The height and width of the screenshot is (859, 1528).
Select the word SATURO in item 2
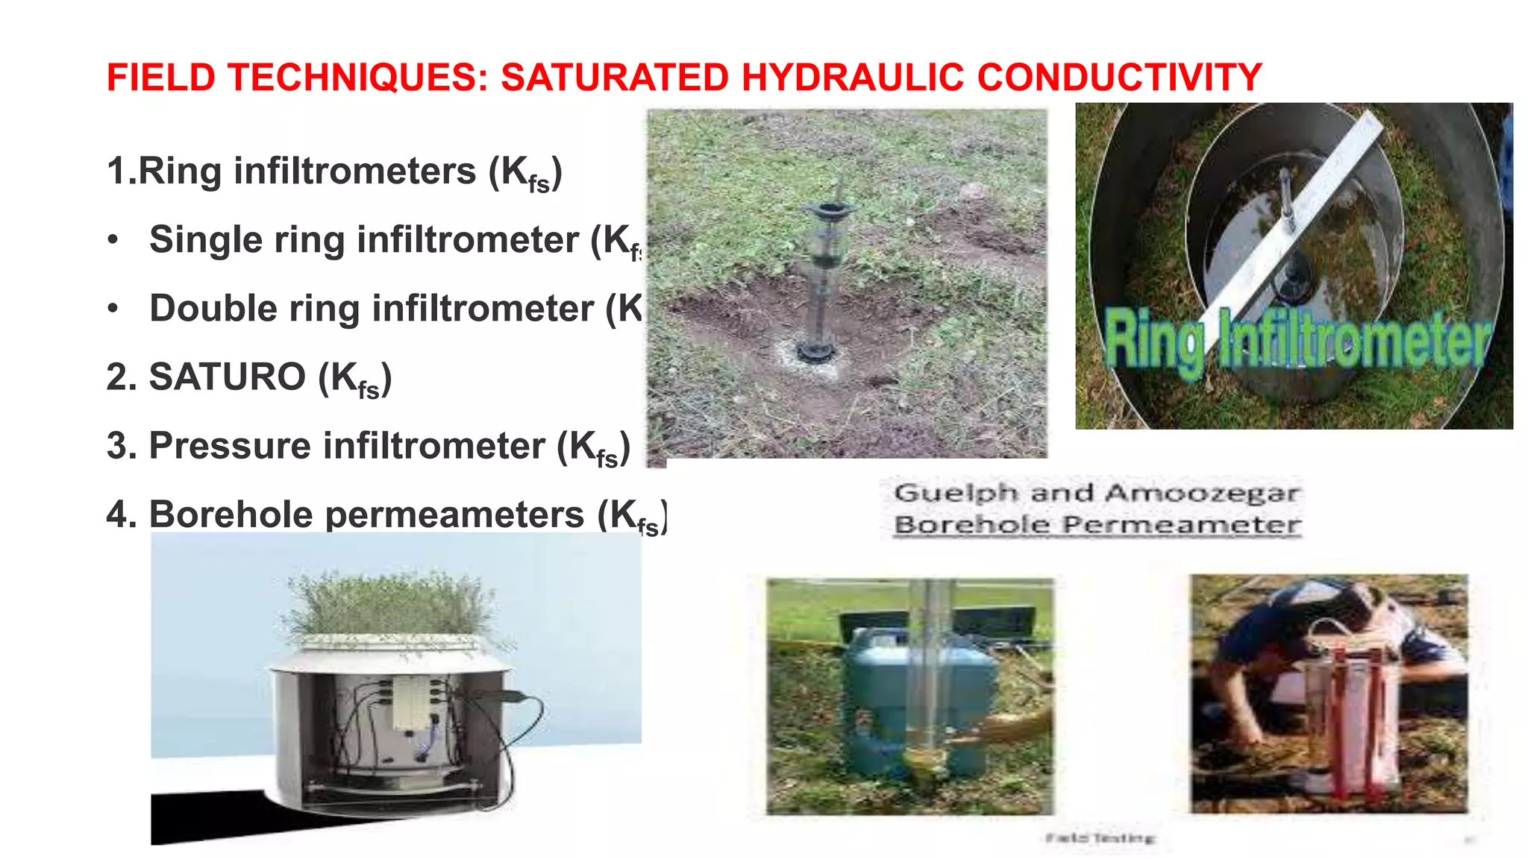(227, 377)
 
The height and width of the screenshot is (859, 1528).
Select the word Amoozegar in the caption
(1203, 492)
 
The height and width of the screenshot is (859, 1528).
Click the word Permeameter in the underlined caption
(1182, 524)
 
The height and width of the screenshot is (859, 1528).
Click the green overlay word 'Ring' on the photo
(1153, 340)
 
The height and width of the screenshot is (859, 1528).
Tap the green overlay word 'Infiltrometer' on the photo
(1354, 340)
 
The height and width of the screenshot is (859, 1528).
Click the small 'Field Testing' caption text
(1100, 838)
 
